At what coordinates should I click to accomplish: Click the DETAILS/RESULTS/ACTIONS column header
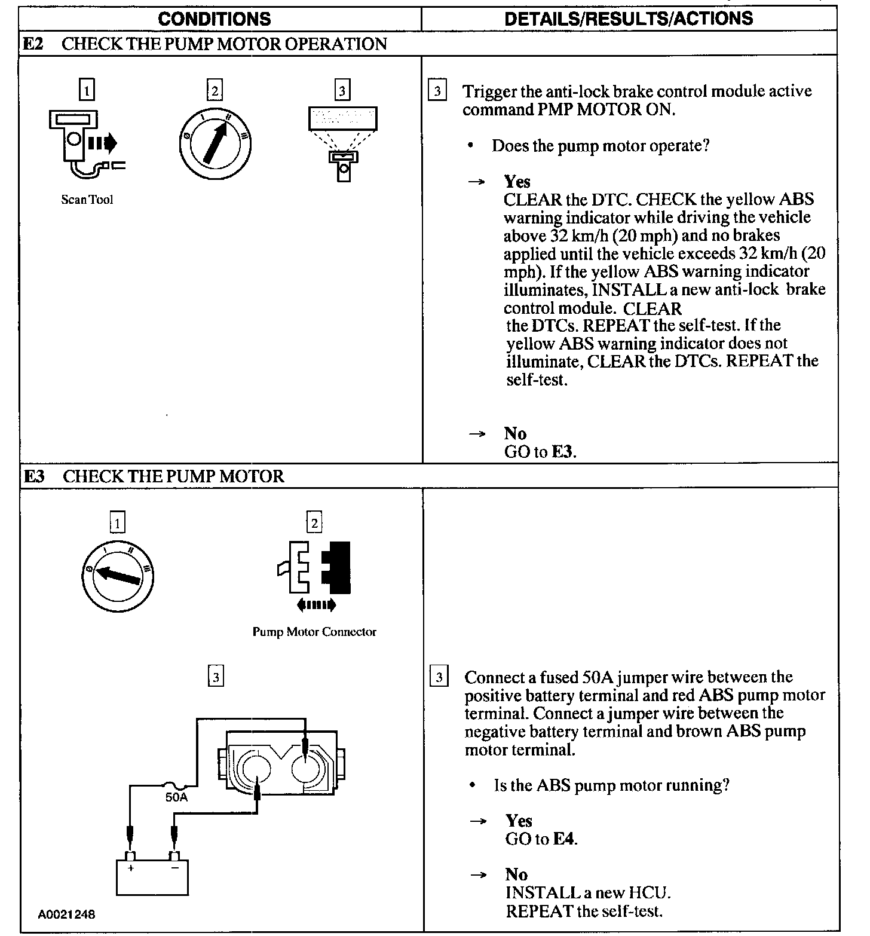(629, 18)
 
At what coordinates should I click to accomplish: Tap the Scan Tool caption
(87, 200)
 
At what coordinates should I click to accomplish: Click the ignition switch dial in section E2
(214, 143)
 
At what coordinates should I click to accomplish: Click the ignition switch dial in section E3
(118, 575)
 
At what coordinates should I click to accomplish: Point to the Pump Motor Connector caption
(314, 632)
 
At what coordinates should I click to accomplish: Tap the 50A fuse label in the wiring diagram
(176, 797)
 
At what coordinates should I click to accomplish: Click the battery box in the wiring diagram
(152, 876)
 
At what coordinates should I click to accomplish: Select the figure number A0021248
(66, 914)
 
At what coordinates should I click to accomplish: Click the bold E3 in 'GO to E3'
(562, 452)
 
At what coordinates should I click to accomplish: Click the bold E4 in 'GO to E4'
(563, 839)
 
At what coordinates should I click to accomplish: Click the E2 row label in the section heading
(34, 44)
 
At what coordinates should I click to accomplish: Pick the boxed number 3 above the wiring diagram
(216, 677)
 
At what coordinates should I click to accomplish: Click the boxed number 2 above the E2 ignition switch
(214, 91)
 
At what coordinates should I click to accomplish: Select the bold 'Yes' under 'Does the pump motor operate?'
(517, 181)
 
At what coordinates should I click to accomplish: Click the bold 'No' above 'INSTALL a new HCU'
(516, 874)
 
